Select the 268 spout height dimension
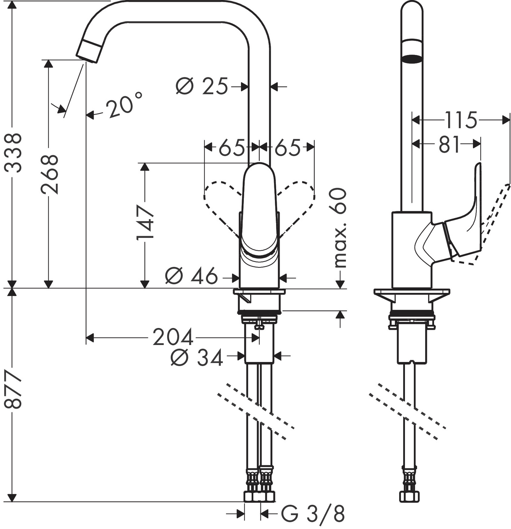pos(49,174)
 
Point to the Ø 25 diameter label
pos(202,86)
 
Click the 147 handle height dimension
pos(145,222)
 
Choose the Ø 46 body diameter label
pos(192,276)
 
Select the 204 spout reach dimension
pos(173,337)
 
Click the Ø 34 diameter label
pos(197,357)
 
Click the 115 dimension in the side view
pos(461,120)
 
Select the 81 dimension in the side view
pos(449,145)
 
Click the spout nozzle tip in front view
pos(89,51)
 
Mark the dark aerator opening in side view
pos(412,58)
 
